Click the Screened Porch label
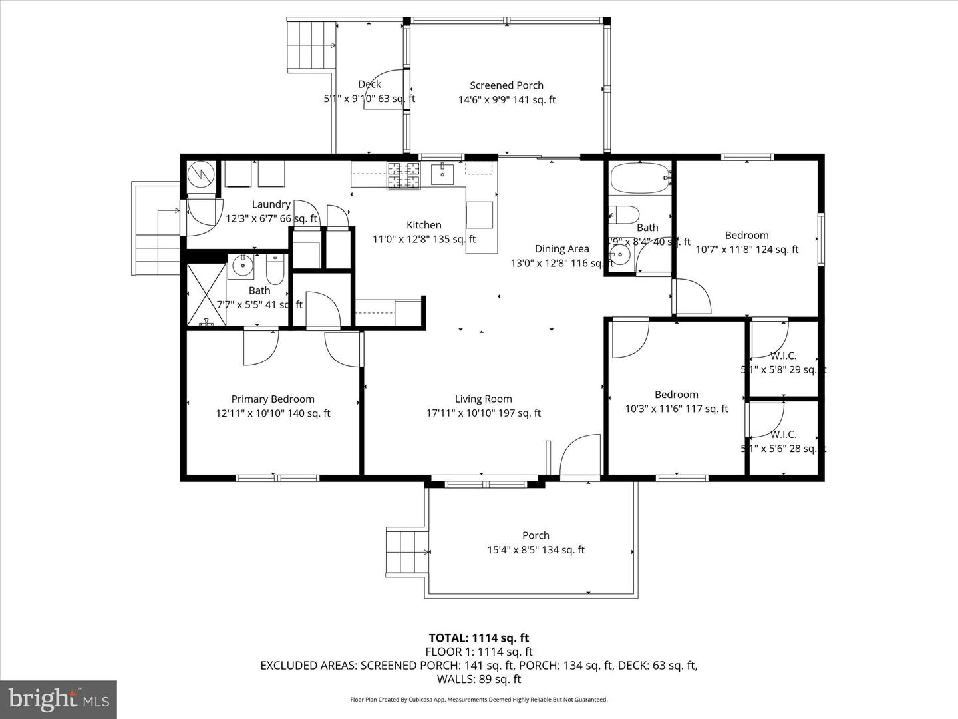click(506, 85)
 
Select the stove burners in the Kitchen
click(404, 175)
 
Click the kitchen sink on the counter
click(442, 174)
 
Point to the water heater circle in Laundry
click(200, 176)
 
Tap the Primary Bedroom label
click(273, 399)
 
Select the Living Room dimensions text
click(483, 413)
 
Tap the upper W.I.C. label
click(783, 356)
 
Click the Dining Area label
click(561, 249)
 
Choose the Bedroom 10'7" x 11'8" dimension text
click(746, 250)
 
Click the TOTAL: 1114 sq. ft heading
click(479, 638)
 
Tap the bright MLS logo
click(58, 700)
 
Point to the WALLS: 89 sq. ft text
click(479, 680)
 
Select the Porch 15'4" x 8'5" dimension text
click(536, 550)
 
